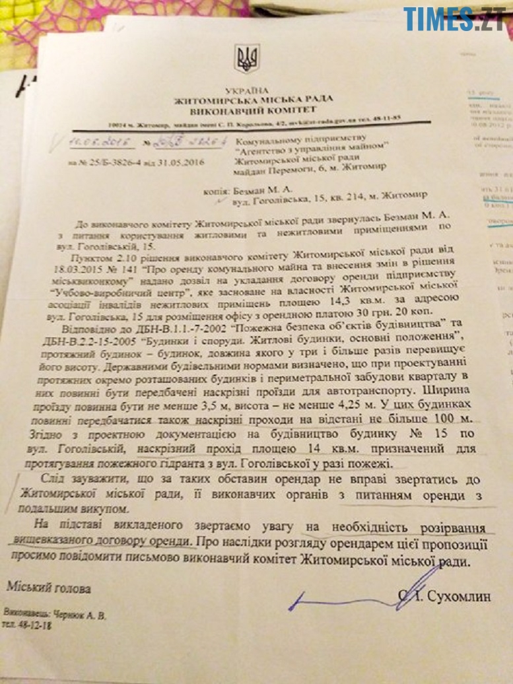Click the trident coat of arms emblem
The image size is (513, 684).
(248, 58)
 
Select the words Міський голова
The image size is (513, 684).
(58, 587)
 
